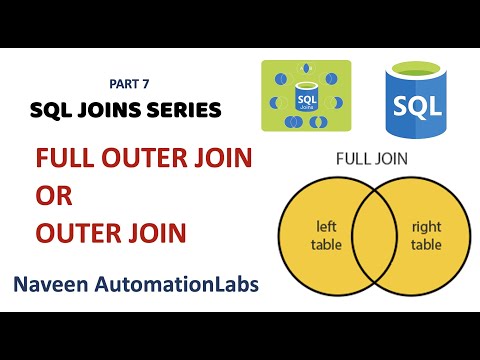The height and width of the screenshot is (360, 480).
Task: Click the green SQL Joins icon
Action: [305, 97]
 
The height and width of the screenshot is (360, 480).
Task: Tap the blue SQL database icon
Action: [415, 95]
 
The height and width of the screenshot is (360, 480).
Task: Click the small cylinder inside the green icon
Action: [305, 97]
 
